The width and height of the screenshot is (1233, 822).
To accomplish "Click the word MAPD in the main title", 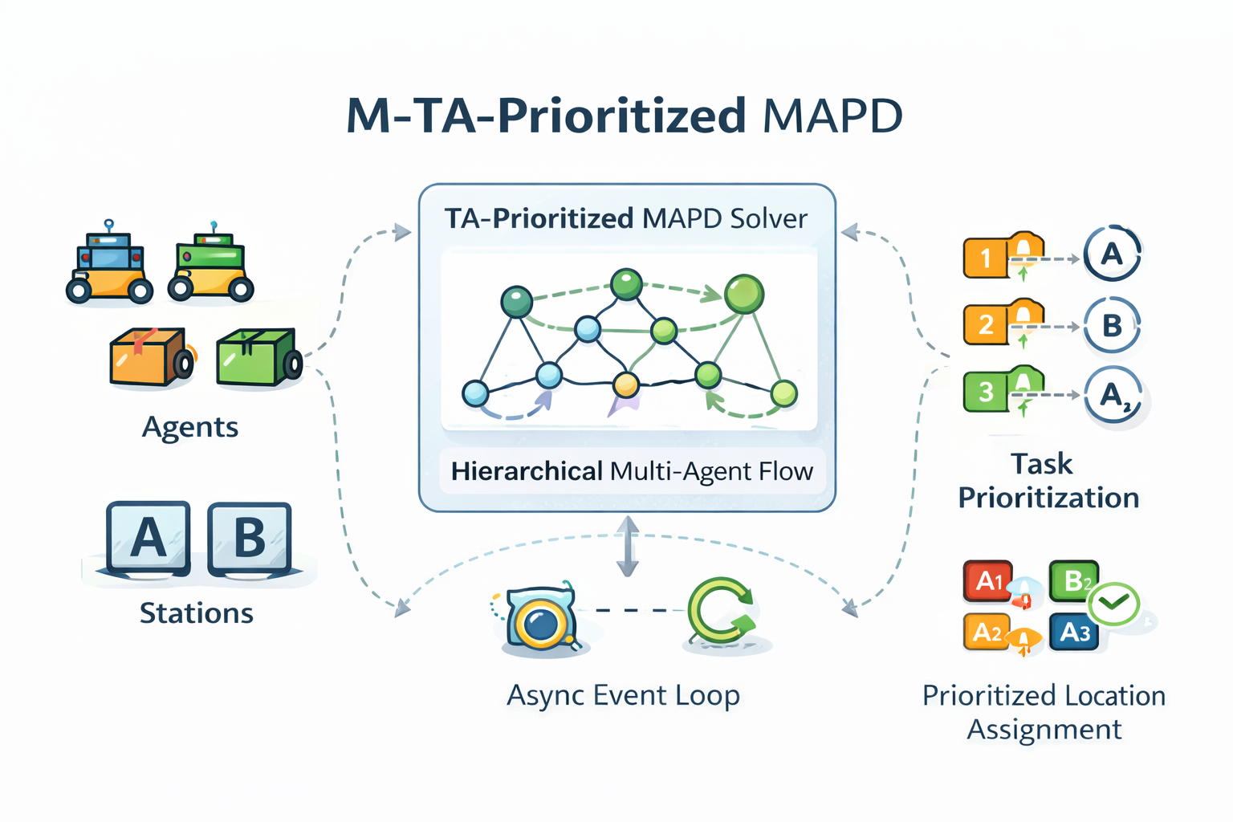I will coord(832,116).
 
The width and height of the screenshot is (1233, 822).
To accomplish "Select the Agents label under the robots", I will coord(190,427).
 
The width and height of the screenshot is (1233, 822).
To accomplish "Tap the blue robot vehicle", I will coord(109,266).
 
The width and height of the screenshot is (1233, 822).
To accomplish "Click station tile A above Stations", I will coord(148,537).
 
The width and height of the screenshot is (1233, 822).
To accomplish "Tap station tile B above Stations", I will coord(249,537).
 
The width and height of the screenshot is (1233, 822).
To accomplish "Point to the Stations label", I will coord(197,613).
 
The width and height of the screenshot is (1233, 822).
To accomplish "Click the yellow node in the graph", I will coord(625,385).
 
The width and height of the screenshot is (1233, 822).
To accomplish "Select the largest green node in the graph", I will coord(744,294).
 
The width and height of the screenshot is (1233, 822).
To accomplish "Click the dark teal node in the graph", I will coord(516,302).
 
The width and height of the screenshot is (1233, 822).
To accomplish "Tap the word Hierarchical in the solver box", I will coord(527,471).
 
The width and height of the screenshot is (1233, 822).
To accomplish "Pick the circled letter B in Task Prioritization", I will coord(1112,325).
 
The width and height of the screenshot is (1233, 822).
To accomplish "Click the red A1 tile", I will coord(987,580).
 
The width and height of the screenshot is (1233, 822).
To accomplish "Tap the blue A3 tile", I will coord(1074,633).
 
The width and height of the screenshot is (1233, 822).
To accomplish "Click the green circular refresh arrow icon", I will coord(720,612).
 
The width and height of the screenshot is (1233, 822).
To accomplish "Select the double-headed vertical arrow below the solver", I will coord(627,547).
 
